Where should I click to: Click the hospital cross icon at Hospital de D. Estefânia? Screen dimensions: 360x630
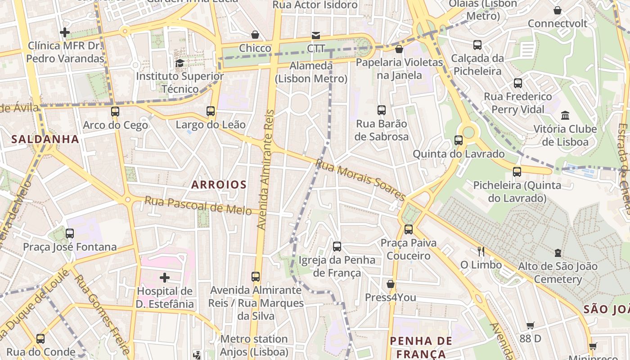pos(165,277)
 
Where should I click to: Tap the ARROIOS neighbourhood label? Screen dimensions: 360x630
pos(219,184)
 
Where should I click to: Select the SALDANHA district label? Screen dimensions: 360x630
pos(45,139)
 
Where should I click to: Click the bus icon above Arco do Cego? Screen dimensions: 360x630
pos(115,111)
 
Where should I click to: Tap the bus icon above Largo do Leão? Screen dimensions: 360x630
pos(210,111)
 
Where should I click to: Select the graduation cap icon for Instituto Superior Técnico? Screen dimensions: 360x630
pos(180,63)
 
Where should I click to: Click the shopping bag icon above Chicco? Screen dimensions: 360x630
pos(255,35)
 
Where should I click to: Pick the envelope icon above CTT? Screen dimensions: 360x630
pos(316,35)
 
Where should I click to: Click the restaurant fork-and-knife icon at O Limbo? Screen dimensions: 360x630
pos(481,251)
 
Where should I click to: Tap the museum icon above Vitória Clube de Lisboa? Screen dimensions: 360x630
pos(565,115)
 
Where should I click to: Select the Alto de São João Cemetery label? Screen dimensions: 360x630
pos(558,273)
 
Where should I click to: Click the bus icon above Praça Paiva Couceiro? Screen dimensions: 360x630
pos(408,229)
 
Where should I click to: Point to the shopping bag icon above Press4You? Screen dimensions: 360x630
pos(390,284)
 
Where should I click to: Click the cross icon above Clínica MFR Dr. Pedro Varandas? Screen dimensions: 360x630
pos(65,32)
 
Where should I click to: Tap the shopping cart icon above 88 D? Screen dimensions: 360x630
pos(531,325)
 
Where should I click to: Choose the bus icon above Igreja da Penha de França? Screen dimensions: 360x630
pos(337,246)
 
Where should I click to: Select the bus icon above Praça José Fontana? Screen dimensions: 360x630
pos(69,233)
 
